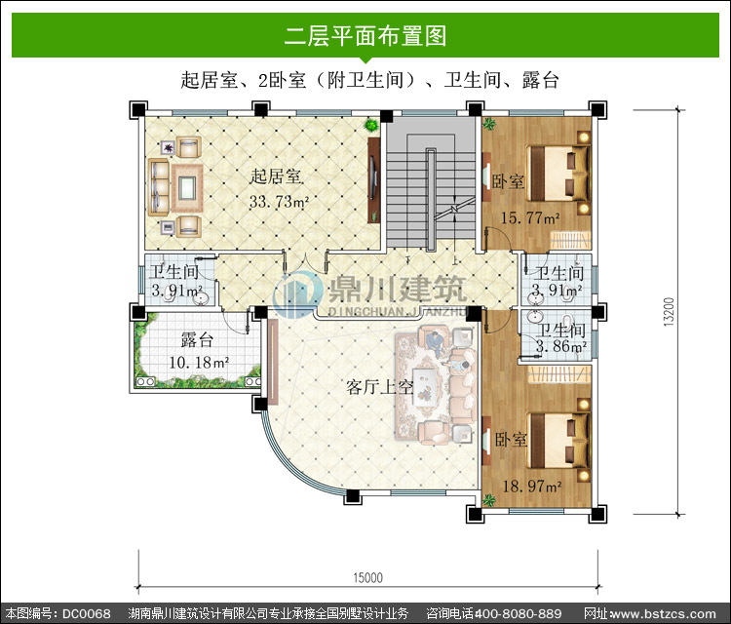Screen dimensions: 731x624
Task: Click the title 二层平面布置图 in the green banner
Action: (x=365, y=36)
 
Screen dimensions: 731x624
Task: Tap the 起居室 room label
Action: (x=276, y=176)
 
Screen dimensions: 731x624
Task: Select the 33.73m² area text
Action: (x=279, y=202)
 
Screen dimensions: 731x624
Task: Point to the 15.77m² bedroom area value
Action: (x=530, y=217)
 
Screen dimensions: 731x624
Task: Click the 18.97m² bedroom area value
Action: (x=532, y=487)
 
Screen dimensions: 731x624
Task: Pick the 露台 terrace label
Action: (x=197, y=340)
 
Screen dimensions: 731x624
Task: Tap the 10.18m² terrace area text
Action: (x=199, y=363)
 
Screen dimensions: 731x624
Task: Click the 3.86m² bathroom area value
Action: (x=561, y=346)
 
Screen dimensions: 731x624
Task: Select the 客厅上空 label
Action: (x=379, y=387)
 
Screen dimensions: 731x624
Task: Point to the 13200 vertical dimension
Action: (x=669, y=312)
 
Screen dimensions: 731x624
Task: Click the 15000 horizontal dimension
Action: (x=367, y=578)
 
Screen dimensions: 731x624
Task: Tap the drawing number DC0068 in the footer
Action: (x=87, y=613)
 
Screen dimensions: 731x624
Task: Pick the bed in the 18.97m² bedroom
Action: (x=559, y=440)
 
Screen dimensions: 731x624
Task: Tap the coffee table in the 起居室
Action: (x=187, y=188)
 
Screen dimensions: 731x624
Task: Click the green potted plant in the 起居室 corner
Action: (x=371, y=125)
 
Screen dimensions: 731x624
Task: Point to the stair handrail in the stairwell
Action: (x=431, y=200)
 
